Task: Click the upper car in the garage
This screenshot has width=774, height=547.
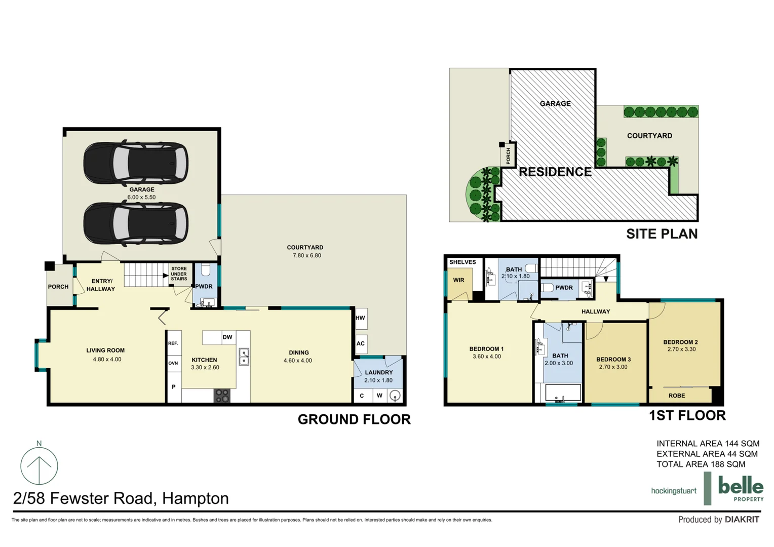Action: (136, 164)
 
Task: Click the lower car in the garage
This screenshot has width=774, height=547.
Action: (136, 223)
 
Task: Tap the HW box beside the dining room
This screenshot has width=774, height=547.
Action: (361, 319)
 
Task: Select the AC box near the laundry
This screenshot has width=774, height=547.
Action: (361, 344)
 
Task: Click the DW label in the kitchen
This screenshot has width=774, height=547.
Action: (227, 337)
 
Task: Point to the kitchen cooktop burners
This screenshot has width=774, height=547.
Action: (222, 396)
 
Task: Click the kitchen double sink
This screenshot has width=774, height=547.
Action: (244, 357)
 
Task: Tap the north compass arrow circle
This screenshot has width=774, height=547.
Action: (39, 466)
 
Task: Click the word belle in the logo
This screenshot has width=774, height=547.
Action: (741, 487)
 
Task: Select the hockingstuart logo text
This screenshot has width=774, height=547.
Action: (674, 491)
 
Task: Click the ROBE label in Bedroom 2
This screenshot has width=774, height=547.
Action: (677, 396)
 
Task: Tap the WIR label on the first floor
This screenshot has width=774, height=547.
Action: (459, 280)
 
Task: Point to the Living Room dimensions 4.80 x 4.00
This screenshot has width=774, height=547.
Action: (107, 360)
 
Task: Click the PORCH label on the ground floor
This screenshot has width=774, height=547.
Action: (58, 287)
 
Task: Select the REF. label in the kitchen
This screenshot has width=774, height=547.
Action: (173, 343)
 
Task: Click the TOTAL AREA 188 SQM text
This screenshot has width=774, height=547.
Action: (701, 464)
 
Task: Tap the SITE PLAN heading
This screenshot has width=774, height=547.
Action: (662, 234)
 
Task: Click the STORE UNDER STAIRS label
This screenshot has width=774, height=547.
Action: (179, 274)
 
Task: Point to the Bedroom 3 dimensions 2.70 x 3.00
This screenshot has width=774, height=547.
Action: (613, 367)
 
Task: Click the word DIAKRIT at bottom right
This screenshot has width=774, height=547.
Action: (742, 520)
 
